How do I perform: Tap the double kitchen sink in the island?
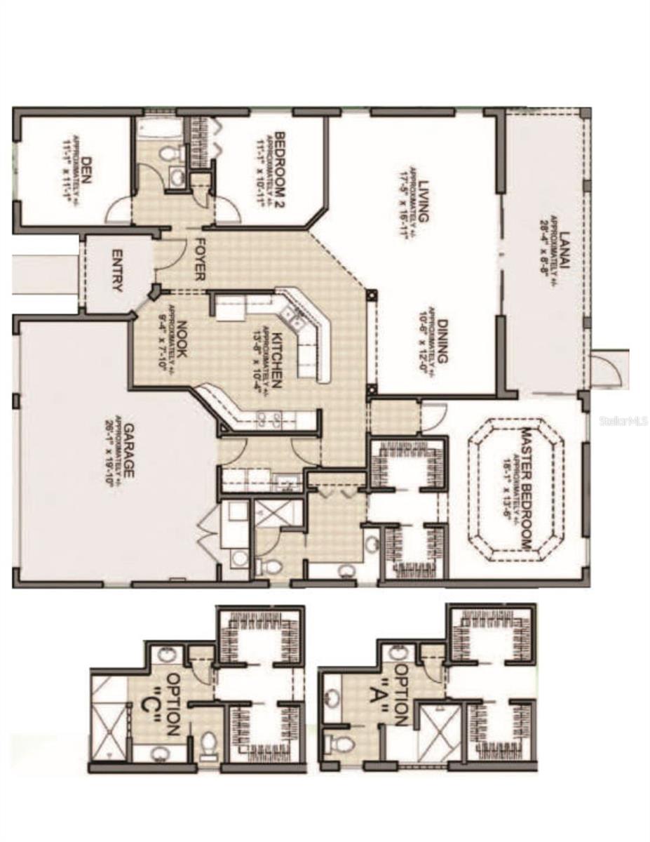[297, 323]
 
